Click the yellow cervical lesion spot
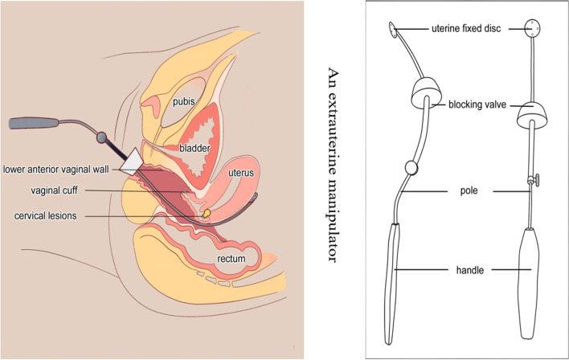tap(206, 214)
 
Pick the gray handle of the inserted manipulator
tap(32, 125)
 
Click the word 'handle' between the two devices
tap(467, 271)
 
